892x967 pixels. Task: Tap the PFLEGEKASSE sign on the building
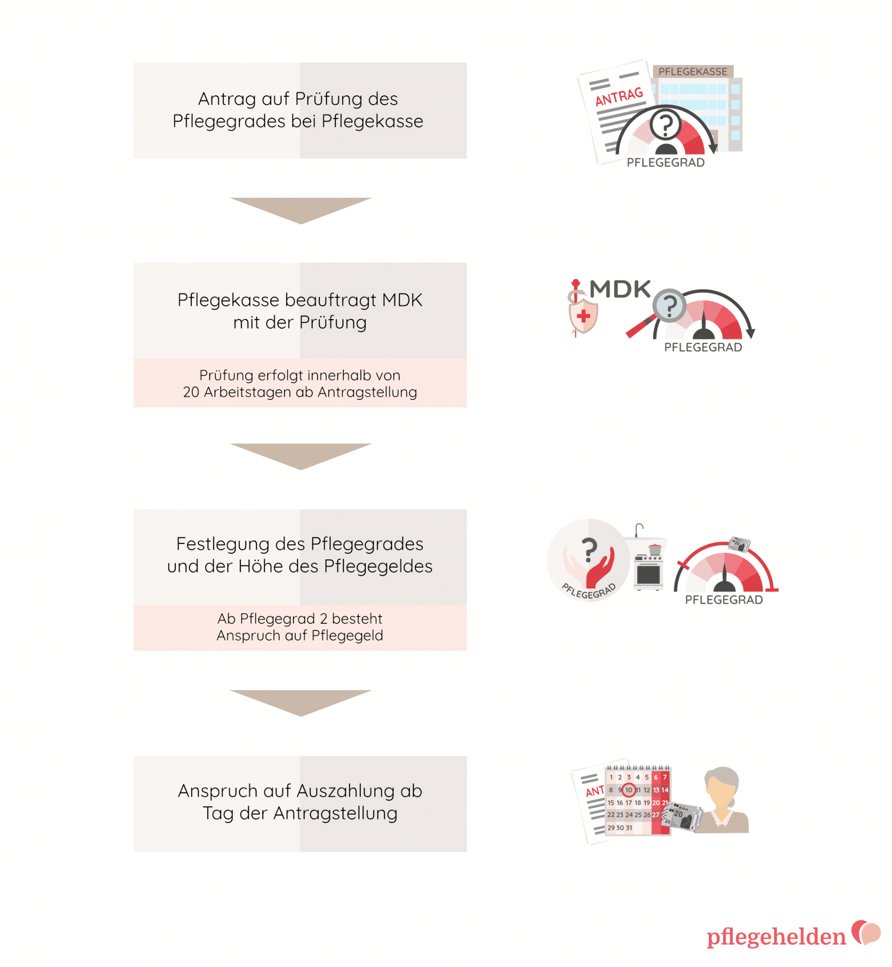[693, 71]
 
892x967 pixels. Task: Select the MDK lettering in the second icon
[620, 289]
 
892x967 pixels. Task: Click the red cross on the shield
[583, 316]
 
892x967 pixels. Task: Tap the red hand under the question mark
[601, 568]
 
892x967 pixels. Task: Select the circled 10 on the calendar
[628, 790]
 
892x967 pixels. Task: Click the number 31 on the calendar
[629, 828]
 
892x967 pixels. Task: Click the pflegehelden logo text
[776, 937]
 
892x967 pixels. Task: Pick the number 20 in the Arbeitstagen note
[191, 392]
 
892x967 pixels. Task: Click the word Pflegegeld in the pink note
[348, 636]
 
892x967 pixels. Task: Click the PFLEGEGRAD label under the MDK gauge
[703, 347]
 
